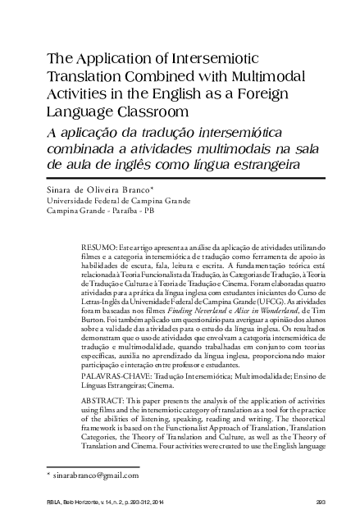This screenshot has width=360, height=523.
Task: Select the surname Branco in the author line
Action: tap(130, 189)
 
